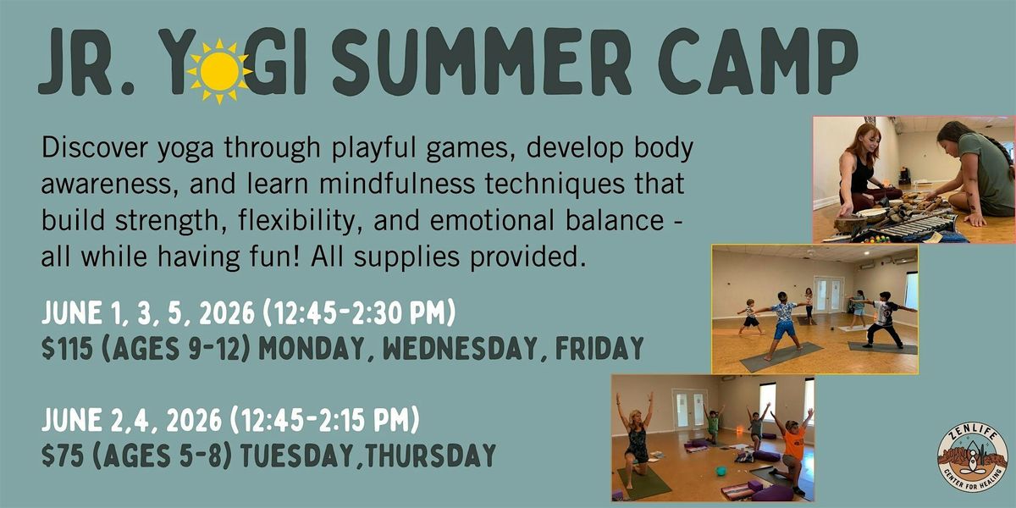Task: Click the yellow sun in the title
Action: point(219,71)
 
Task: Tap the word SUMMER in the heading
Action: point(482,61)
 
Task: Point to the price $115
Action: point(67,348)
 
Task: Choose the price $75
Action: point(62,456)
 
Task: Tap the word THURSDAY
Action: point(430,456)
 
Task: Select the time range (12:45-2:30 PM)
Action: point(359,313)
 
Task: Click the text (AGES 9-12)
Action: point(176,348)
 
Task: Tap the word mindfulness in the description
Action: point(397,184)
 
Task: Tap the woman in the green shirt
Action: point(975,174)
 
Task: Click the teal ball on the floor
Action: point(721,471)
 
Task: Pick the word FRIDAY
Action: point(599,348)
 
